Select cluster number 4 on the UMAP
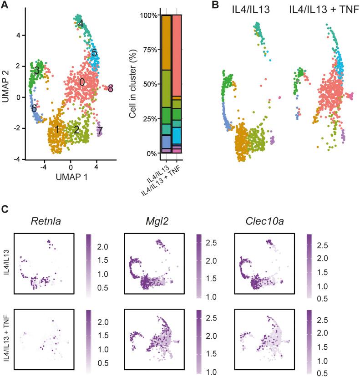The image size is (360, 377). click(80, 23)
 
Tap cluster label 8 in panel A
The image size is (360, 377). click(111, 88)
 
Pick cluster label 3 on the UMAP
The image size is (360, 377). click(36, 71)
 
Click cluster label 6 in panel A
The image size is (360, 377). click(34, 108)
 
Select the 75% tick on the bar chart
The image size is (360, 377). click(148, 50)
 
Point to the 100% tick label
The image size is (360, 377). click(147, 15)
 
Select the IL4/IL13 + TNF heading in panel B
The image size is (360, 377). click(321, 8)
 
